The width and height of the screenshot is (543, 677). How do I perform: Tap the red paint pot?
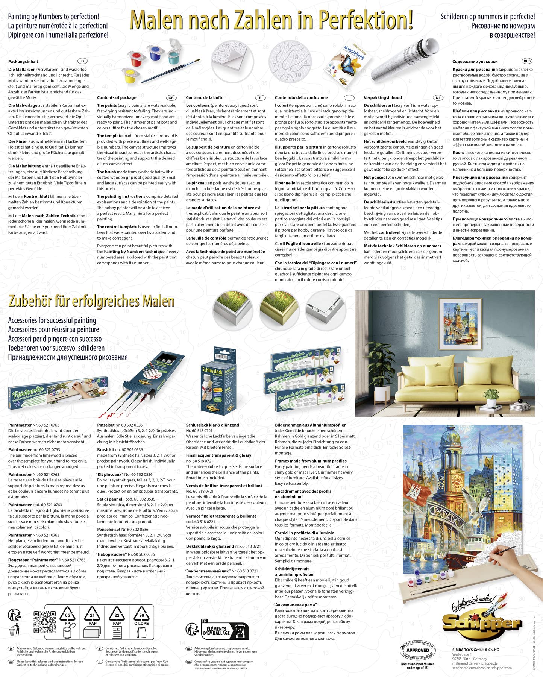tap(137, 58)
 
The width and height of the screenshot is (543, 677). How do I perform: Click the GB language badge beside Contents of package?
tap(171, 98)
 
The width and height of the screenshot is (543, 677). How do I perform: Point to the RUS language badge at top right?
tap(527, 61)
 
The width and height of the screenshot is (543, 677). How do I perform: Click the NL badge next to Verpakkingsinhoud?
tap(438, 98)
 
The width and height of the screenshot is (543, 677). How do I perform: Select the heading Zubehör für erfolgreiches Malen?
tap(91, 301)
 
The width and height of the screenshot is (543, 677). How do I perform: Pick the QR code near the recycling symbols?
tap(44, 622)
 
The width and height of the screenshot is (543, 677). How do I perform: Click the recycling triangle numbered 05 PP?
tap(68, 617)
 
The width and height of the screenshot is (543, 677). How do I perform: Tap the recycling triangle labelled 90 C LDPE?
tap(141, 617)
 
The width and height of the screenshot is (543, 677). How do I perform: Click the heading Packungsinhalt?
tap(23, 61)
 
